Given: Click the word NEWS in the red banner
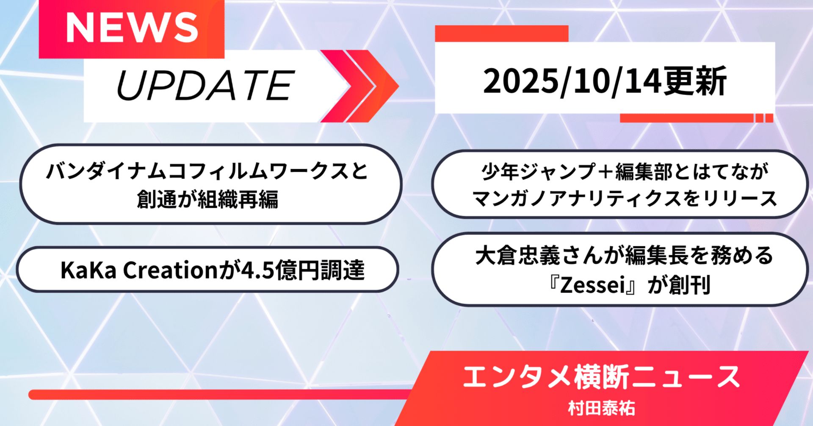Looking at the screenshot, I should tap(132, 28).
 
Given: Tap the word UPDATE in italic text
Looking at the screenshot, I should tap(205, 86).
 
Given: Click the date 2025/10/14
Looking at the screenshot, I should tap(572, 81).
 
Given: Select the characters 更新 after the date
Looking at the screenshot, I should tap(695, 81).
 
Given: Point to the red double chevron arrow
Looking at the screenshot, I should tap(360, 86).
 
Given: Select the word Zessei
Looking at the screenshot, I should tap(593, 285).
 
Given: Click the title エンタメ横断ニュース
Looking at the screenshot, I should tap(601, 377).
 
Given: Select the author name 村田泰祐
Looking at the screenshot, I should tap(601, 408).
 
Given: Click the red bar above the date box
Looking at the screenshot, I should tap(501, 33).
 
